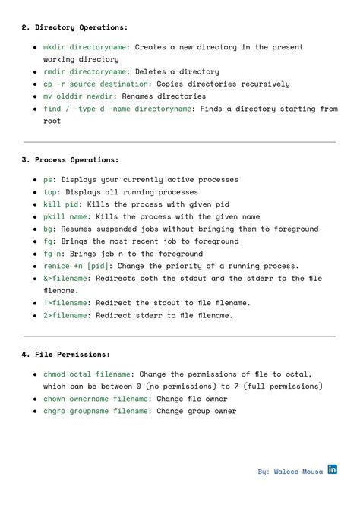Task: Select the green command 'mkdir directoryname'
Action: (84, 47)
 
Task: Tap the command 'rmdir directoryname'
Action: (84, 72)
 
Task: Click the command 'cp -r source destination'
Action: (93, 84)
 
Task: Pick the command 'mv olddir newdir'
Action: (77, 96)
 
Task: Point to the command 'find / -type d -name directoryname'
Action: (117, 109)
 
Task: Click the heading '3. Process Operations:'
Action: (70, 160)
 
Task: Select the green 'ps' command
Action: (47, 180)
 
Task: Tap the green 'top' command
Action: (49, 192)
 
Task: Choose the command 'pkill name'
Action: (65, 216)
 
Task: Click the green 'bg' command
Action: (47, 229)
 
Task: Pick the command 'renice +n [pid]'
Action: (77, 267)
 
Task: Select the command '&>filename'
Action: (65, 279)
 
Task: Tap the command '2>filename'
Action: (65, 315)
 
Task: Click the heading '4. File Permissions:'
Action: (66, 355)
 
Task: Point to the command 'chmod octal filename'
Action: (88, 374)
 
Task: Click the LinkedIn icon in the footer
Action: (333, 470)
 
